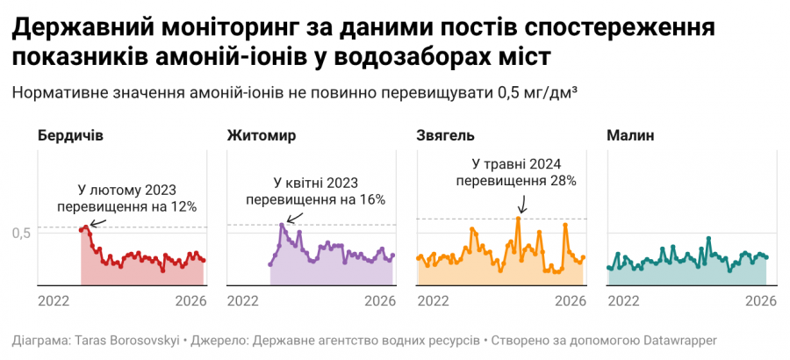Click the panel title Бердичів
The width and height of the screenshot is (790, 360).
(x=70, y=136)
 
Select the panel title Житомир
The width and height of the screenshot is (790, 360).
(x=261, y=136)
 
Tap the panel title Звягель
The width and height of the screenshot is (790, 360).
(x=444, y=136)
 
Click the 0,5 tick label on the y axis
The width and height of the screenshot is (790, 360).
(x=22, y=233)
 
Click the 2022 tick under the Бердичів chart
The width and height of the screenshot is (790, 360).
(x=54, y=300)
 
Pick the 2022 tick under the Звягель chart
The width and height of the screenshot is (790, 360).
(x=434, y=300)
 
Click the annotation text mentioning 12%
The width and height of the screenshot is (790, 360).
(x=126, y=198)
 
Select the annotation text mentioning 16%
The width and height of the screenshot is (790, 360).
(x=316, y=191)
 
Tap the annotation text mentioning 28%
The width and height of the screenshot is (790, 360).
(x=516, y=172)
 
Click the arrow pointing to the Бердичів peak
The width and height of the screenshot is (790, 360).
(x=97, y=224)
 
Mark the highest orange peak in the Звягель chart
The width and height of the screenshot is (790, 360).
(x=519, y=219)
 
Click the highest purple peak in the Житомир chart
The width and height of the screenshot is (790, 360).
(x=282, y=225)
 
